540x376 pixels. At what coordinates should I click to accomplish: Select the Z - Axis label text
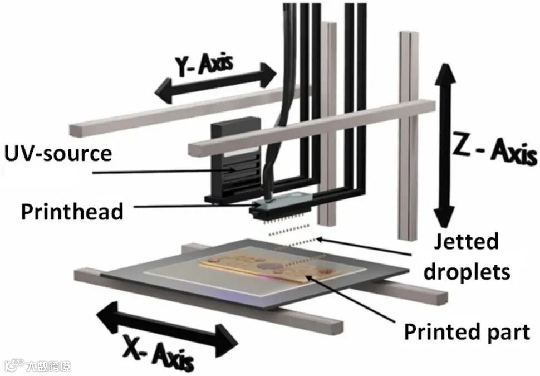(493, 149)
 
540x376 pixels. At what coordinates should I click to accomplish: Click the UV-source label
(57, 153)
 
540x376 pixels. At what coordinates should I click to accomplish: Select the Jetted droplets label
(467, 257)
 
